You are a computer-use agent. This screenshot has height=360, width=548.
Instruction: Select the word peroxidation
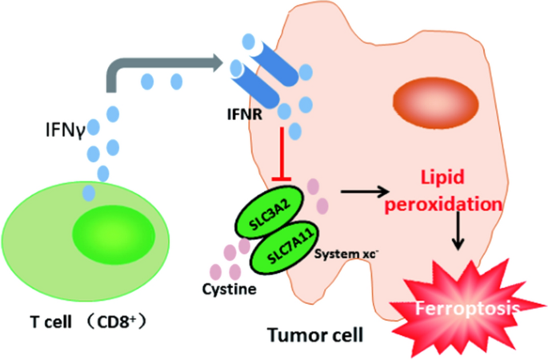click(x=444, y=204)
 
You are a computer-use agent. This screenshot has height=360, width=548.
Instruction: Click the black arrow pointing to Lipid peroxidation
click(x=363, y=191)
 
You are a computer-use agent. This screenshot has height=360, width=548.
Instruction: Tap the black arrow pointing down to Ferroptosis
click(x=459, y=234)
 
